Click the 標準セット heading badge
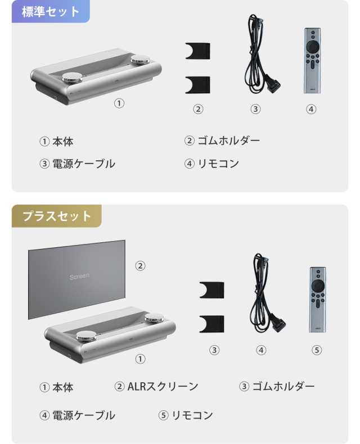[51, 11]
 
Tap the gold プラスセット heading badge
[57, 216]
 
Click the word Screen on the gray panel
[79, 277]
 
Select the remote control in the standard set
[312, 61]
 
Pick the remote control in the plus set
[317, 300]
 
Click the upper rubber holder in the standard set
[198, 51]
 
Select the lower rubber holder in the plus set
[211, 324]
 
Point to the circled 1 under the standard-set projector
[119, 103]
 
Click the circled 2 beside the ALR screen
[140, 266]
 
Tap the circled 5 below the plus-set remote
[317, 350]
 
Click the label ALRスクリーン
[163, 387]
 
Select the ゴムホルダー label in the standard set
[228, 141]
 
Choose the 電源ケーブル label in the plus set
[84, 415]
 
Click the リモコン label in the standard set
[218, 164]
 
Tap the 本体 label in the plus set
[63, 387]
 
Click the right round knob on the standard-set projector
[140, 60]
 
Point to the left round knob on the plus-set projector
[86, 336]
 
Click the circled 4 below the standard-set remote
[311, 109]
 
